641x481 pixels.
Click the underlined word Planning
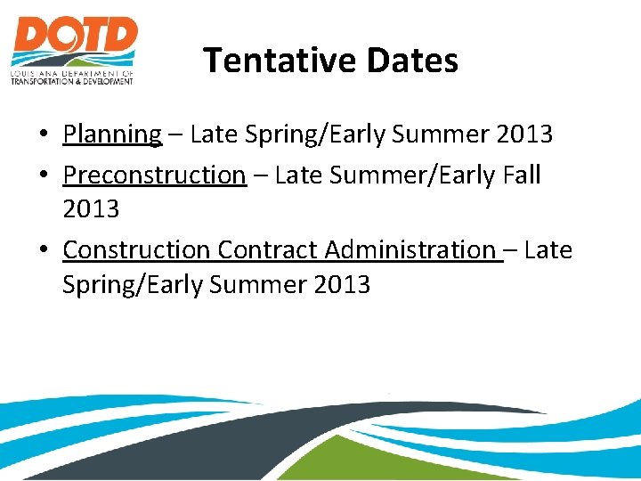pos(112,135)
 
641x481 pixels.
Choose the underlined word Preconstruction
pos(154,175)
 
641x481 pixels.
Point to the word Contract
pos(267,250)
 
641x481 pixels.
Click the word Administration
pos(410,250)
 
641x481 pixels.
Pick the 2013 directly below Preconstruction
pos(91,209)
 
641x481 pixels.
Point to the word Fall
pos(521,175)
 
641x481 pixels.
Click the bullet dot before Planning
pos(43,135)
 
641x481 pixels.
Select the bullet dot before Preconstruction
pos(43,175)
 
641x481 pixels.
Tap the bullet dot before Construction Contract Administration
pos(43,251)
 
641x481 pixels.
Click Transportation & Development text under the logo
pos(72,80)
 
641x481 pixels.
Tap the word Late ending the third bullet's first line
pos(548,250)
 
